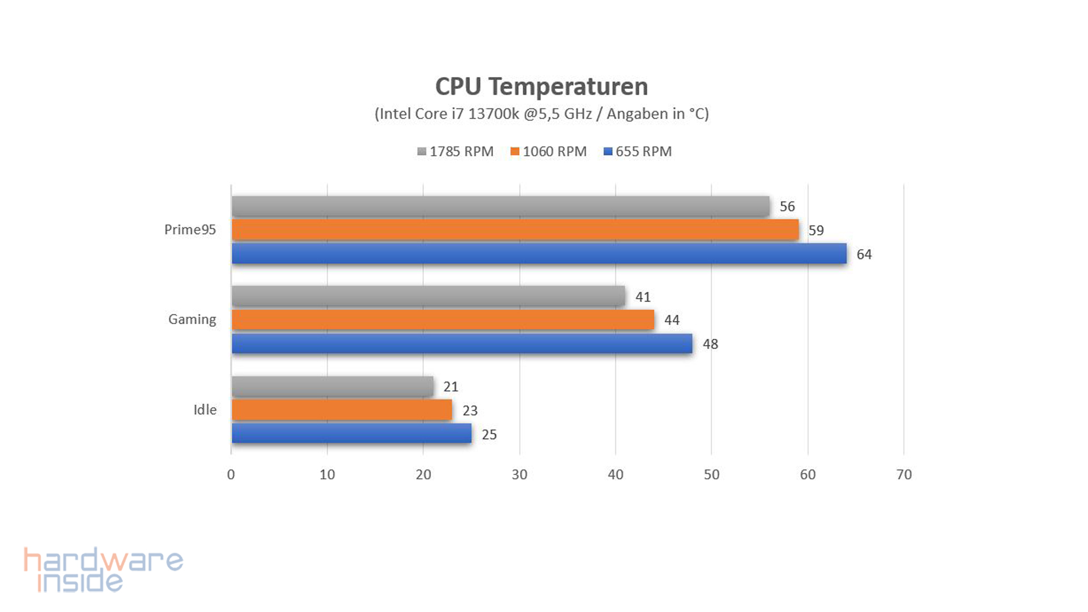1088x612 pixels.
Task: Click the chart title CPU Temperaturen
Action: click(x=541, y=87)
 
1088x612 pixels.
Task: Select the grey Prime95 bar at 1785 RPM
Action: click(x=500, y=206)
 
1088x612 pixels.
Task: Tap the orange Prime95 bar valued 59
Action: click(x=515, y=229)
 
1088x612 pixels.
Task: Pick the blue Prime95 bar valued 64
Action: click(x=539, y=253)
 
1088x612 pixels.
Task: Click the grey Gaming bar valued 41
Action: click(x=428, y=296)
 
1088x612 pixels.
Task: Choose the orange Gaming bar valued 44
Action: click(x=443, y=320)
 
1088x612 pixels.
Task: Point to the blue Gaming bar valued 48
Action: click(x=462, y=343)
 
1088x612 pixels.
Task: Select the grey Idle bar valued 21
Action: click(x=333, y=386)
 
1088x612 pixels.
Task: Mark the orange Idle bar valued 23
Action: click(x=342, y=410)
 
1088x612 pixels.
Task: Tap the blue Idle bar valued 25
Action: click(x=351, y=433)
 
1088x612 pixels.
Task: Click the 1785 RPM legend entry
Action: click(x=456, y=152)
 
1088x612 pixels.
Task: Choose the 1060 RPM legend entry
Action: click(x=549, y=152)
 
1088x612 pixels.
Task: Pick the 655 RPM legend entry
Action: click(x=638, y=152)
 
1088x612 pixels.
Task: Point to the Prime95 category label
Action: click(x=190, y=229)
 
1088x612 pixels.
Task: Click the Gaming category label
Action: click(x=192, y=320)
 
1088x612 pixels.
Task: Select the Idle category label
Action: click(x=205, y=410)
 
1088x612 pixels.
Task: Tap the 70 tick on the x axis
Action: click(x=904, y=475)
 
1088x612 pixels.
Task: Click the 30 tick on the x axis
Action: click(x=519, y=475)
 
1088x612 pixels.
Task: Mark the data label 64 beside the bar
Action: click(x=864, y=254)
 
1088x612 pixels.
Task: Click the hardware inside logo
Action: click(x=103, y=569)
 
